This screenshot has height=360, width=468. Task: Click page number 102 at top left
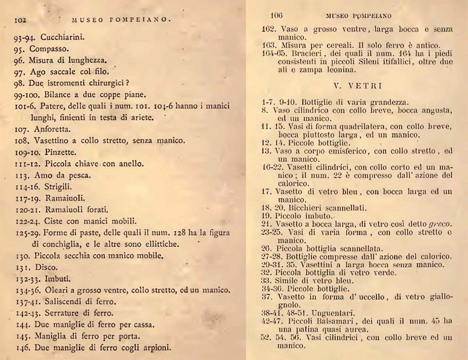pyautogui.click(x=22, y=20)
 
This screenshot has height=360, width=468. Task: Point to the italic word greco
pyautogui.click(x=440, y=223)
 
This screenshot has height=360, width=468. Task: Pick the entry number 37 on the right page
pyautogui.click(x=266, y=297)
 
